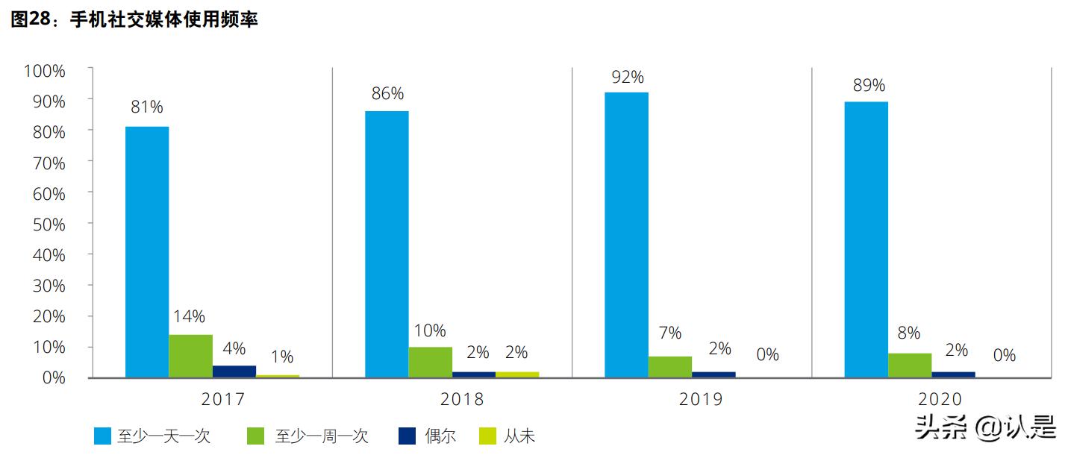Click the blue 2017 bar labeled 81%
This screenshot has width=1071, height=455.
click(x=147, y=251)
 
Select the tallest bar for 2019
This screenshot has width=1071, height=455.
click(x=626, y=234)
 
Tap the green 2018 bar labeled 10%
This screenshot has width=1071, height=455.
click(x=430, y=362)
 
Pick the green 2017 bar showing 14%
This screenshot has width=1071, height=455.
click(x=190, y=356)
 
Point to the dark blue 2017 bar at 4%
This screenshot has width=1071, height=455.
click(x=234, y=371)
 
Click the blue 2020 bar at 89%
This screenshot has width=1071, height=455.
click(x=866, y=239)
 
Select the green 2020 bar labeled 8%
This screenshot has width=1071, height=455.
click(x=909, y=365)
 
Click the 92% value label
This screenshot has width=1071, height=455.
click(x=626, y=77)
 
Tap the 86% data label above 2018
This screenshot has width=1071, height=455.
click(x=387, y=94)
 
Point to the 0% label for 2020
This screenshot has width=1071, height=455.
click(x=1005, y=356)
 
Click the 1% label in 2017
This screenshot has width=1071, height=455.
click(x=281, y=357)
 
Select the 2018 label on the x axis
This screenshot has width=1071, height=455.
click(x=462, y=400)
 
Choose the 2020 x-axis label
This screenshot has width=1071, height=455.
click(x=940, y=400)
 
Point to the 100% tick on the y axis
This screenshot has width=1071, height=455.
click(x=45, y=71)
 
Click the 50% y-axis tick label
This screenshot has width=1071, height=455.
click(x=49, y=225)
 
